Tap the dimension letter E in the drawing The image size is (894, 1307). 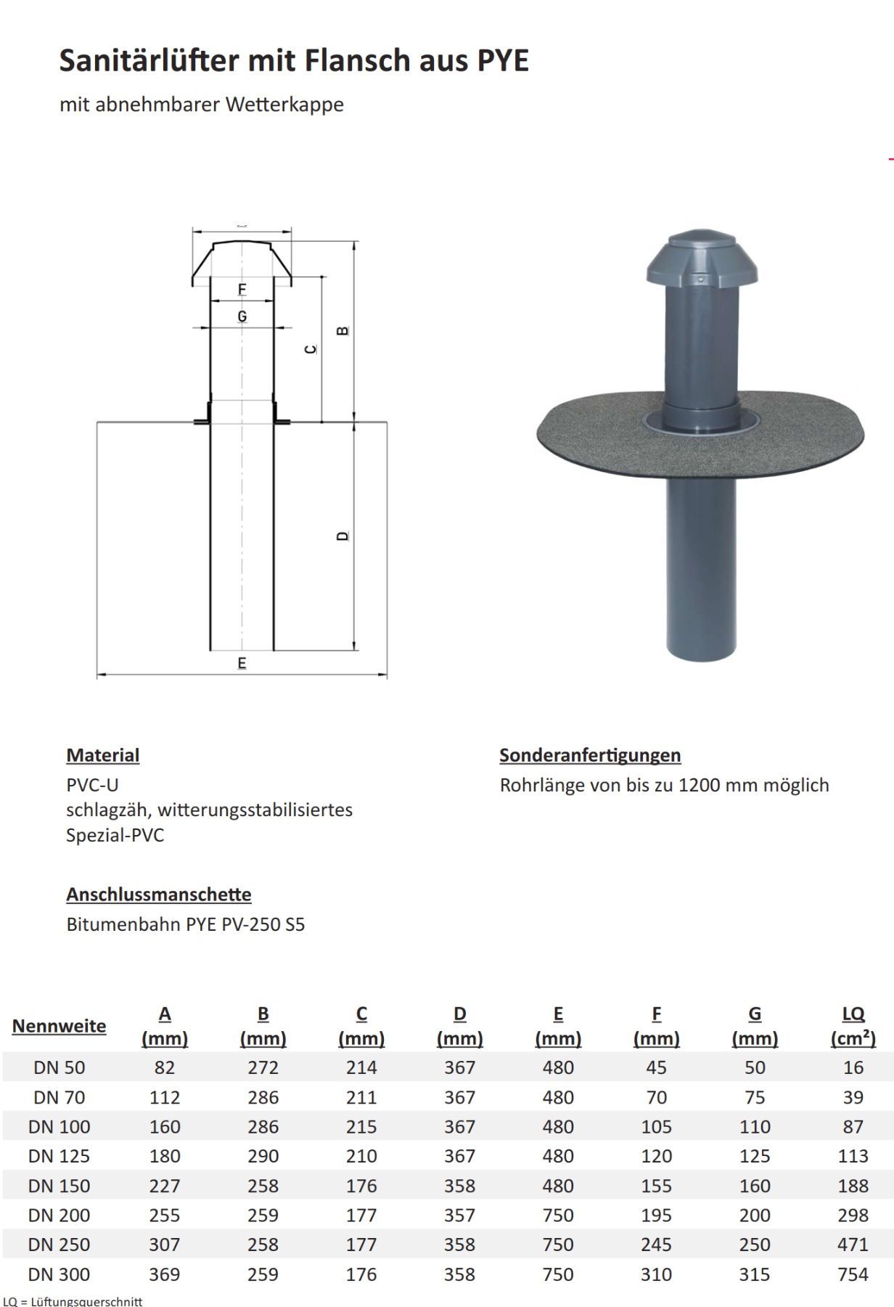(242, 663)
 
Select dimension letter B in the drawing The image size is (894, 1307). (343, 330)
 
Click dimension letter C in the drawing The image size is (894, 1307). (311, 349)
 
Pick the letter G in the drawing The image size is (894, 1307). (242, 317)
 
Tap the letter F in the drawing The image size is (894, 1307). (242, 290)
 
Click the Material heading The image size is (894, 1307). (103, 755)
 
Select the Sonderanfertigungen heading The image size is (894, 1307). (590, 755)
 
